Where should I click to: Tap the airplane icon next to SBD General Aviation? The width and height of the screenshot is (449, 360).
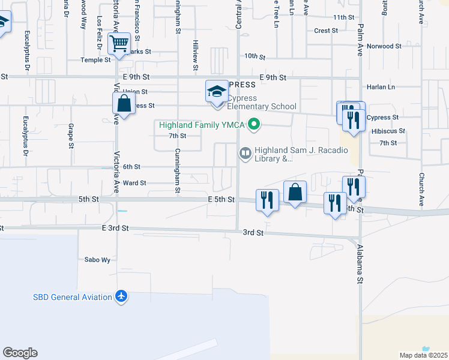pyautogui.click(x=122, y=296)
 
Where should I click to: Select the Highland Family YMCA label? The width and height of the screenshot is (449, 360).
pyautogui.click(x=203, y=125)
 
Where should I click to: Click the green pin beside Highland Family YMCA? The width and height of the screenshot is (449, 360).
pyautogui.click(x=255, y=125)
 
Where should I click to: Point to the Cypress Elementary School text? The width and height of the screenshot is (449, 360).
pyautogui.click(x=261, y=103)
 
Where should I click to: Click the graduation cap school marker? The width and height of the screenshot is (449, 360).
pyautogui.click(x=217, y=92)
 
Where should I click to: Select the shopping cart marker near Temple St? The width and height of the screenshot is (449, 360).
pyautogui.click(x=119, y=43)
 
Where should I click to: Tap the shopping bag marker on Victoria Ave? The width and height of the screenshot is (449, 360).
pyautogui.click(x=124, y=104)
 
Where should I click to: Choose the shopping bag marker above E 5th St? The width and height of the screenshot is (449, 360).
pyautogui.click(x=295, y=193)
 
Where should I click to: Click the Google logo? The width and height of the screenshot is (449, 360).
pyautogui.click(x=20, y=353)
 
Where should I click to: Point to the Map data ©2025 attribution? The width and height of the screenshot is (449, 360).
pyautogui.click(x=424, y=355)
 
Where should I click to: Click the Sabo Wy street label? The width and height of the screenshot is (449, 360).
pyautogui.click(x=98, y=260)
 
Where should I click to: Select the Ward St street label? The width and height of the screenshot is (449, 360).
pyautogui.click(x=134, y=183)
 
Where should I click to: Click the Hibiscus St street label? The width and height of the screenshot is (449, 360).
pyautogui.click(x=388, y=131)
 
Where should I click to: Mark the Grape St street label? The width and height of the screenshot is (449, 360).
pyautogui.click(x=71, y=136)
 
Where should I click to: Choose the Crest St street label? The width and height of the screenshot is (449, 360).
pyautogui.click(x=326, y=31)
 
